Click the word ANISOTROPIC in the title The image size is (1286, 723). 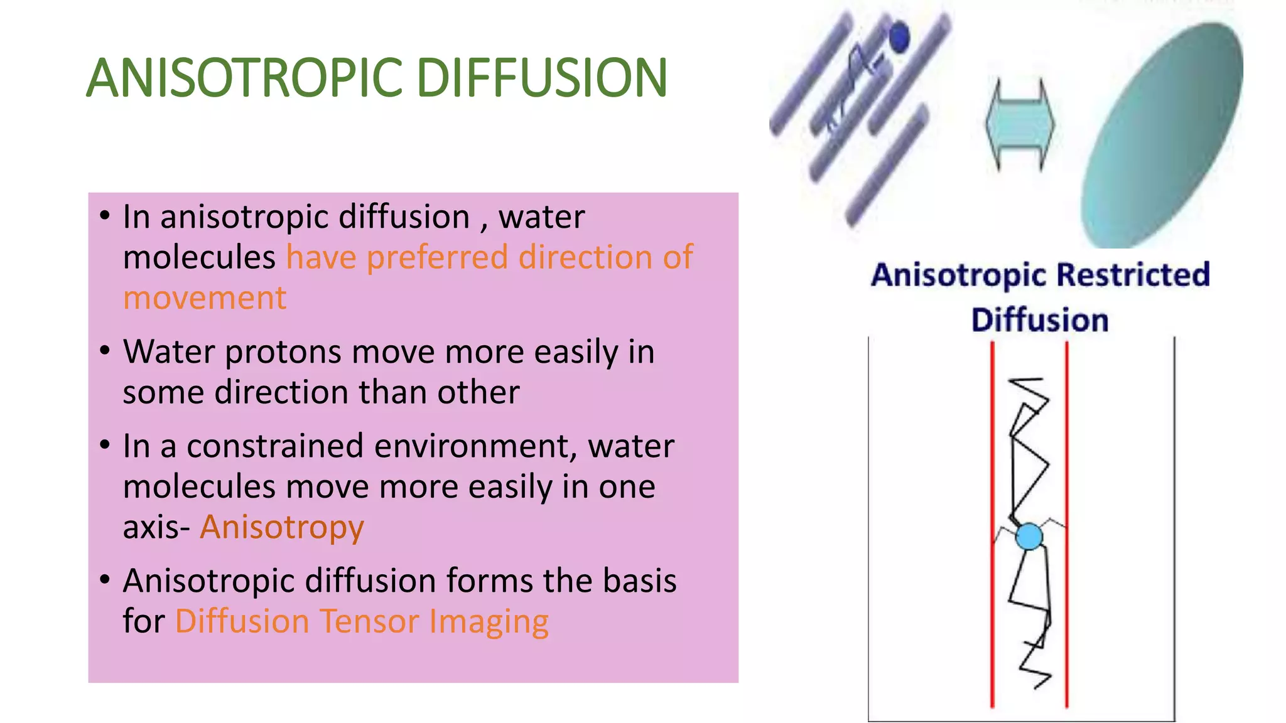coord(244,78)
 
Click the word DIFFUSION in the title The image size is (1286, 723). coord(541,78)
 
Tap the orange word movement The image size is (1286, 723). coord(205,298)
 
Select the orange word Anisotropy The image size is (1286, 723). coord(281,527)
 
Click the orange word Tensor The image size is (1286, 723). coord(369,621)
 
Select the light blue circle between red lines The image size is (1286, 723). coord(1029,537)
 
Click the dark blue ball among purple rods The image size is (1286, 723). coord(900,37)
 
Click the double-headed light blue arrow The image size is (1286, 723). coord(1020,124)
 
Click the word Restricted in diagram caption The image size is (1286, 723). coord(1133,275)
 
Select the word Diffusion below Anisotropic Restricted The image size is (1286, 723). coord(1039,320)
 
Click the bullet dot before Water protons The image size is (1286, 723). coord(105,351)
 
